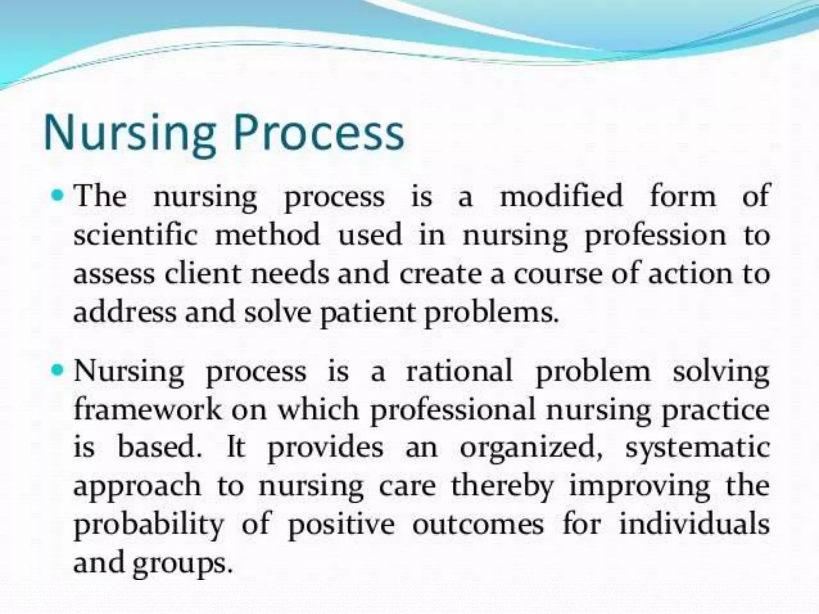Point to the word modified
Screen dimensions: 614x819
[561, 196]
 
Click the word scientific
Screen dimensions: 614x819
[136, 235]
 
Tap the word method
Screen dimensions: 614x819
[268, 235]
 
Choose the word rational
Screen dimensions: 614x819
[459, 371]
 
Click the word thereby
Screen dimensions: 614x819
[502, 487]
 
